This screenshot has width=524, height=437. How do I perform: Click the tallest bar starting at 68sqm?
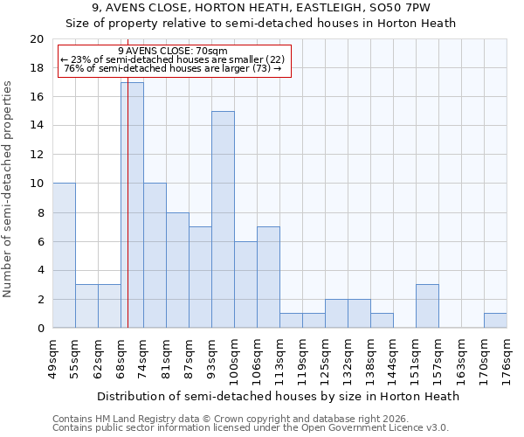click(x=132, y=205)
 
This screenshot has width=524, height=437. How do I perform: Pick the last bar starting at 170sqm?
click(x=495, y=321)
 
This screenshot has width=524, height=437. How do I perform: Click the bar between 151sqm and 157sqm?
click(x=427, y=306)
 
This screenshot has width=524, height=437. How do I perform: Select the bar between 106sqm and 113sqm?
click(x=268, y=277)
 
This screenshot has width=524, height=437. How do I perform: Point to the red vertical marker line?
click(x=128, y=192)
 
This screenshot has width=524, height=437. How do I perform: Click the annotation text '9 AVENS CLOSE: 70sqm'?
click(x=172, y=51)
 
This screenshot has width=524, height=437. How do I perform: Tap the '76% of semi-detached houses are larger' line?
click(x=172, y=68)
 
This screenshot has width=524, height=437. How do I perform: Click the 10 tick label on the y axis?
click(x=36, y=184)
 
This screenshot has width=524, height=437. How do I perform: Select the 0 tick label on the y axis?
click(x=39, y=328)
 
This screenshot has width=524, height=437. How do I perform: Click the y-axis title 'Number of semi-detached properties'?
click(x=9, y=189)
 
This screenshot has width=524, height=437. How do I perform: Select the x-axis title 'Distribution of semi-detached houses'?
click(x=278, y=396)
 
